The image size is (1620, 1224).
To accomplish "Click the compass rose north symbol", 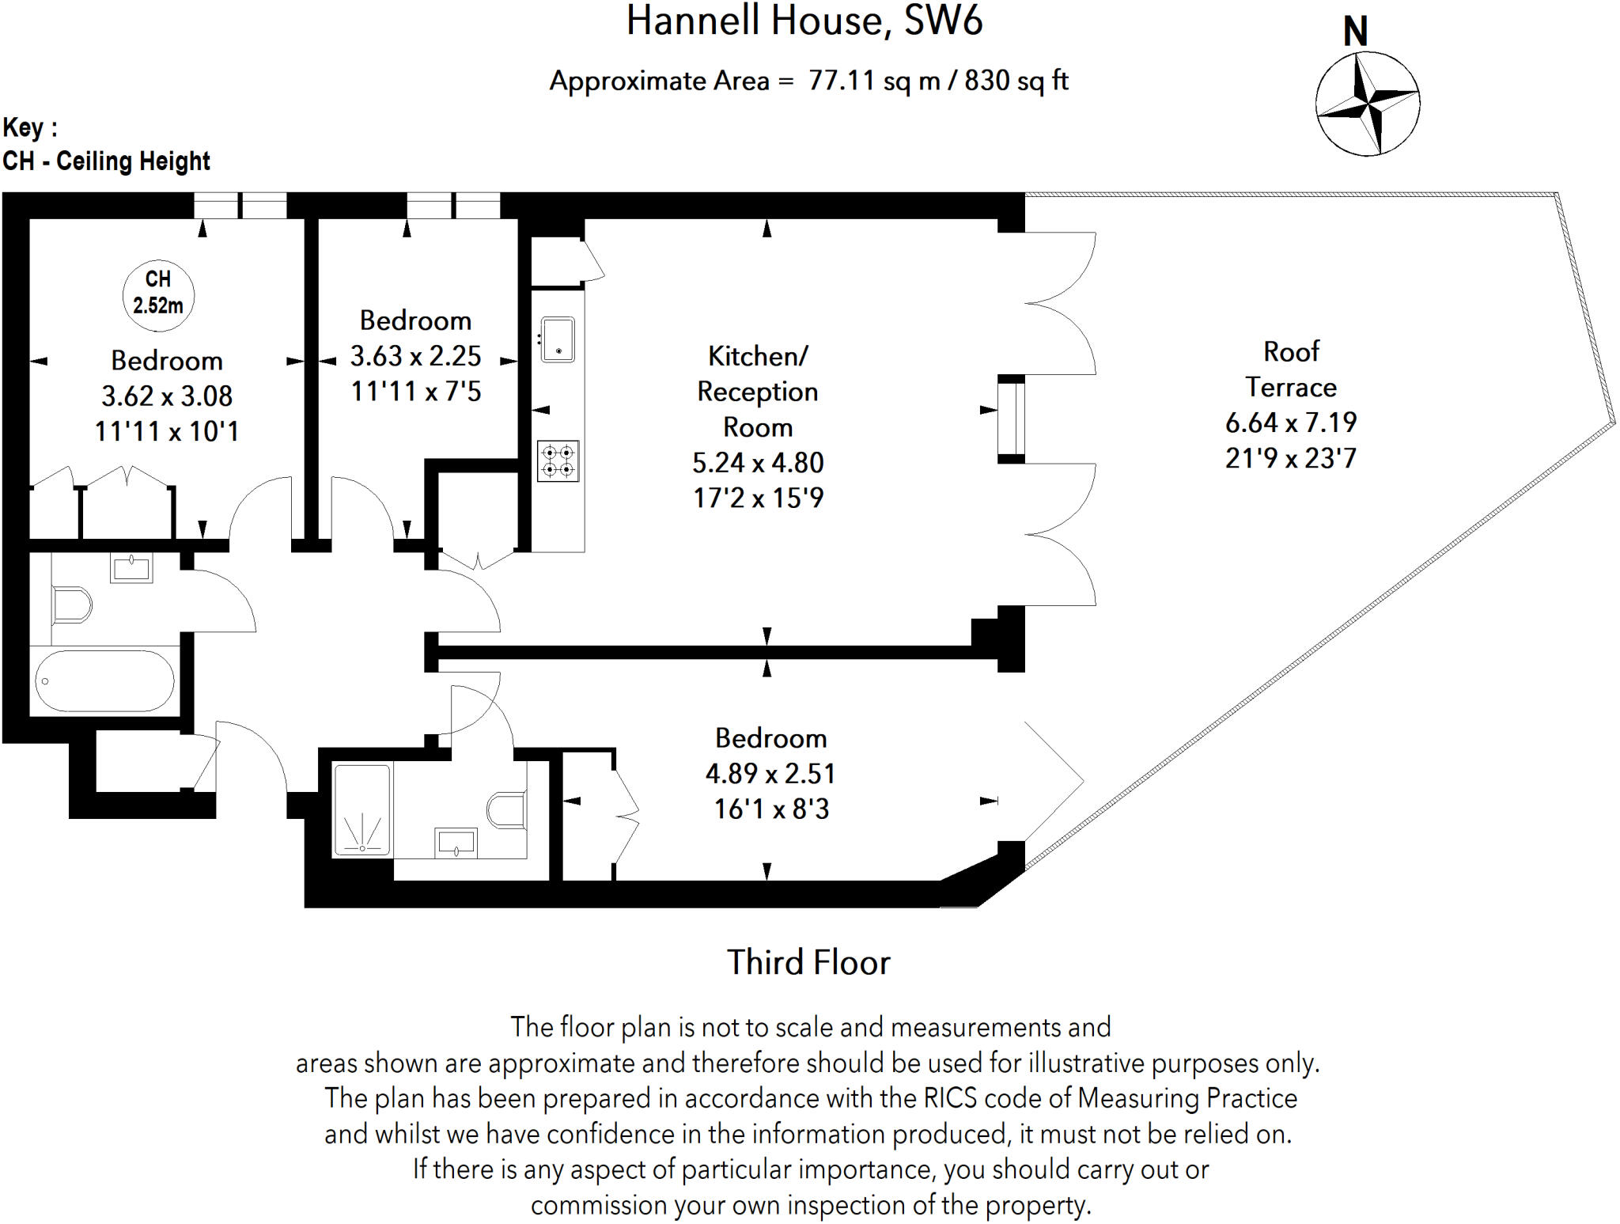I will [x=1367, y=103].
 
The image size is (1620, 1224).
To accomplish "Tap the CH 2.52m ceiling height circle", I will [x=158, y=293].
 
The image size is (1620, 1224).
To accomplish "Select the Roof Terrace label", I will [x=1291, y=369].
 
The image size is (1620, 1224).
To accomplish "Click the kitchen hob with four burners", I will [x=558, y=461].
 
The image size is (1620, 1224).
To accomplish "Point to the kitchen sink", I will [x=558, y=339].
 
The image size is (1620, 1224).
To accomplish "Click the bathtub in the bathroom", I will [x=104, y=681].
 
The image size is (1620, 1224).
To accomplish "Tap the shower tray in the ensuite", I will [x=362, y=809].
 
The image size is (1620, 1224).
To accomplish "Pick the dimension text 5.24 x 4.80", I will [x=758, y=462].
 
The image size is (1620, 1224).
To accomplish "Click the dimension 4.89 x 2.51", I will [x=770, y=773].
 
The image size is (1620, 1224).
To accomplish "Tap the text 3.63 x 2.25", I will [x=415, y=356].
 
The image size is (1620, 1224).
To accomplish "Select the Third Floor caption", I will [x=808, y=962].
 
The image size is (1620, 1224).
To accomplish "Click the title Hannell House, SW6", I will [x=804, y=21].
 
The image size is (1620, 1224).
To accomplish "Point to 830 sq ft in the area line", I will [x=1016, y=81].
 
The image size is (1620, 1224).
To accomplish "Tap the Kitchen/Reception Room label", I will [x=757, y=391].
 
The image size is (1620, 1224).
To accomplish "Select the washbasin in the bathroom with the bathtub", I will [x=131, y=568].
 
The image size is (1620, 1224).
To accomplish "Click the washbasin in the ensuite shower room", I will [x=456, y=842].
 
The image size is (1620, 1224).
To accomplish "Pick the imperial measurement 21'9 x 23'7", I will [x=1291, y=458].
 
